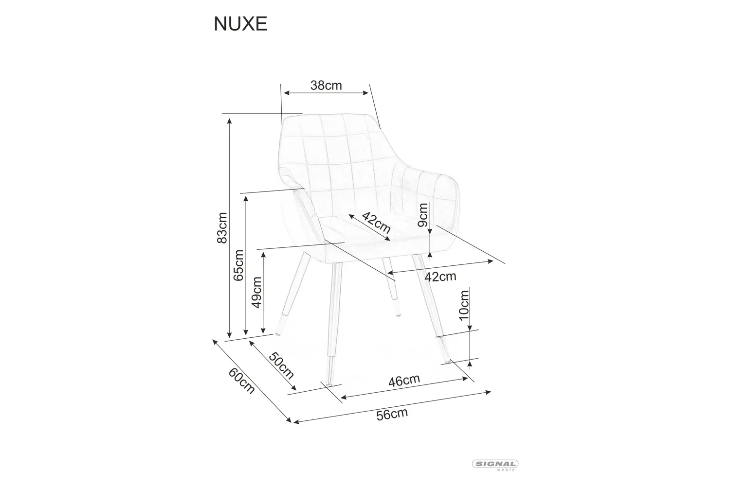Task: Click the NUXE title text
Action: tap(240, 24)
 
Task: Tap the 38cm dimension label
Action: tap(326, 86)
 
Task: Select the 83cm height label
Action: tap(222, 227)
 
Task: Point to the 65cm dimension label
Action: tap(238, 265)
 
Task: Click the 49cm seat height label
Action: tap(256, 291)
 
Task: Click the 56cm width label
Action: tap(392, 414)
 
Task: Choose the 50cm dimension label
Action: tap(281, 365)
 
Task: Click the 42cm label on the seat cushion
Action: tap(376, 223)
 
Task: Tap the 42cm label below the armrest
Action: tap(440, 277)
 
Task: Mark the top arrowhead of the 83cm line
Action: tap(229, 120)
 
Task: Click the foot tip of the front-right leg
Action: tap(447, 362)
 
